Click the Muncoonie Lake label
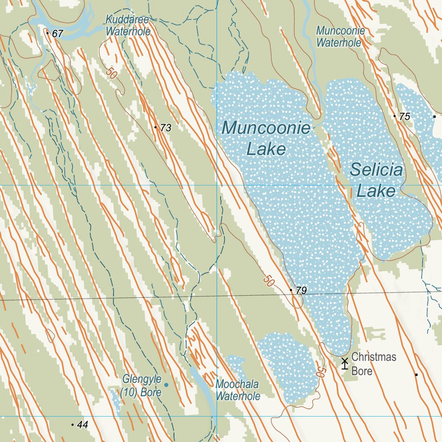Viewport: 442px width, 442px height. click(266, 138)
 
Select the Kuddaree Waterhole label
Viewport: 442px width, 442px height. click(128, 25)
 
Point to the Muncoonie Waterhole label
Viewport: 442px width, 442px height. click(340, 37)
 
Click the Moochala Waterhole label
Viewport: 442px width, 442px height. click(238, 390)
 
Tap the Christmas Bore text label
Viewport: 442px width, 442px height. click(373, 364)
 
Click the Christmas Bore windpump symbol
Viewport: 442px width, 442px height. click(344, 363)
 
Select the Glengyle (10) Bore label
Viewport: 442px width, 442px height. click(142, 385)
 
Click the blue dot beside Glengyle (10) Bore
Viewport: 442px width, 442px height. click(166, 384)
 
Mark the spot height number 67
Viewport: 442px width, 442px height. click(57, 34)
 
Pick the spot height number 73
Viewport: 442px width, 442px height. click(166, 128)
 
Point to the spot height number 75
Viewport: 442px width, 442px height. click(404, 117)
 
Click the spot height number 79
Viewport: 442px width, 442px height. click(301, 290)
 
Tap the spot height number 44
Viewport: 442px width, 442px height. click(82, 425)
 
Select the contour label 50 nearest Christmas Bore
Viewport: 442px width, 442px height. click(320, 372)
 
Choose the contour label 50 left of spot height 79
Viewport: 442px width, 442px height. click(268, 282)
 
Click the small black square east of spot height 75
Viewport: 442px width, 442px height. click(434, 117)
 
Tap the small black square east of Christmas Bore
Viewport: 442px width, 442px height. click(416, 375)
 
